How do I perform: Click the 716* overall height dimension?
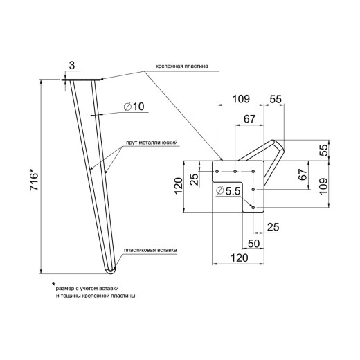(34, 179)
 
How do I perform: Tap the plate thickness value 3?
(72, 66)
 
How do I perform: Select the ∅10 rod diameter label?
(134, 107)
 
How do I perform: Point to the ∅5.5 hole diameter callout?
(228, 191)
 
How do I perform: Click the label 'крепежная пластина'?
(182, 66)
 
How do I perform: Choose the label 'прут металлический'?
(152, 143)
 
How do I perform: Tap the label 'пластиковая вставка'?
(150, 250)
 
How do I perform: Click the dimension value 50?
(253, 244)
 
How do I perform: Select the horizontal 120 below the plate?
(240, 258)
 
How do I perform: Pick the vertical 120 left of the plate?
(179, 186)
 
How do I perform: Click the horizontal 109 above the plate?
(241, 99)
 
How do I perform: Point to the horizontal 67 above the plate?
(249, 119)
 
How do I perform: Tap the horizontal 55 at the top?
(276, 100)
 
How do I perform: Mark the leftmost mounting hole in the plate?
(217, 172)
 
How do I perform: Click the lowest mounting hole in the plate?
(253, 208)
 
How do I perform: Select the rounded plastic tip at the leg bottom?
(111, 271)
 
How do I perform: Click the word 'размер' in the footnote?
(64, 289)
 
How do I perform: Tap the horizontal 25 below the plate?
(273, 227)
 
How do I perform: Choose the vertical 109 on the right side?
(323, 186)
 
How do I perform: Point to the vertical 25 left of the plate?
(195, 179)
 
